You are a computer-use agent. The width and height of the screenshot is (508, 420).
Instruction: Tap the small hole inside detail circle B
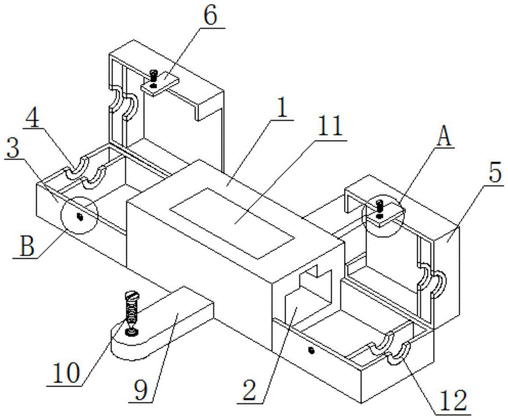79,217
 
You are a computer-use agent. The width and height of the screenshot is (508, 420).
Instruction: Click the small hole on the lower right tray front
310,350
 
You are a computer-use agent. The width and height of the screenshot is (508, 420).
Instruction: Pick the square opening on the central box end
315,287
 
